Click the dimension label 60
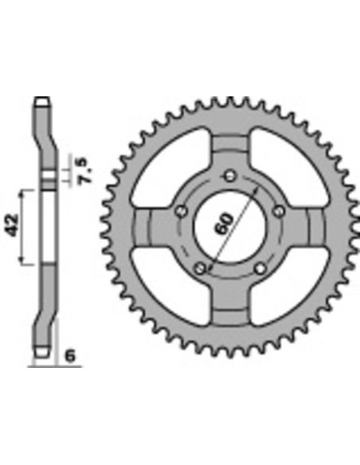click(x=224, y=223)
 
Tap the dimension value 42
click(x=12, y=225)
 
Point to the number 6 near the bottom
click(x=70, y=356)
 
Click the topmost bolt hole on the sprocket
click(x=229, y=176)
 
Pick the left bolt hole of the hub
click(x=182, y=211)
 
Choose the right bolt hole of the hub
click(x=278, y=211)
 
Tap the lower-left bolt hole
click(x=200, y=269)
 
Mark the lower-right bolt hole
click(x=260, y=268)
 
